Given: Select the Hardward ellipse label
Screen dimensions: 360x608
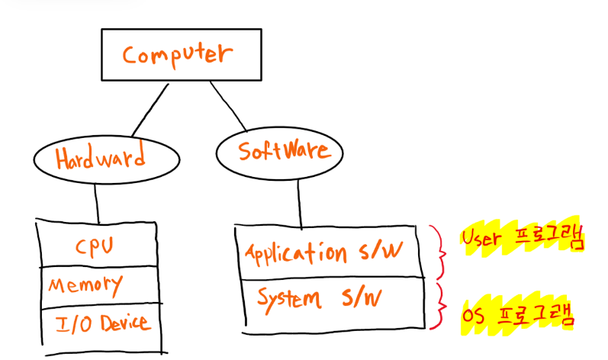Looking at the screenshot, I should [x=101, y=159].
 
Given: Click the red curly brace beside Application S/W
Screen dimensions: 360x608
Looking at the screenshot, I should [x=439, y=251].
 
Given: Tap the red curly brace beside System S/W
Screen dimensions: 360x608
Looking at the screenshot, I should [x=439, y=304].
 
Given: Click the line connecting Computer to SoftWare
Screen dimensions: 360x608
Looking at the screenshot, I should [x=228, y=104].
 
